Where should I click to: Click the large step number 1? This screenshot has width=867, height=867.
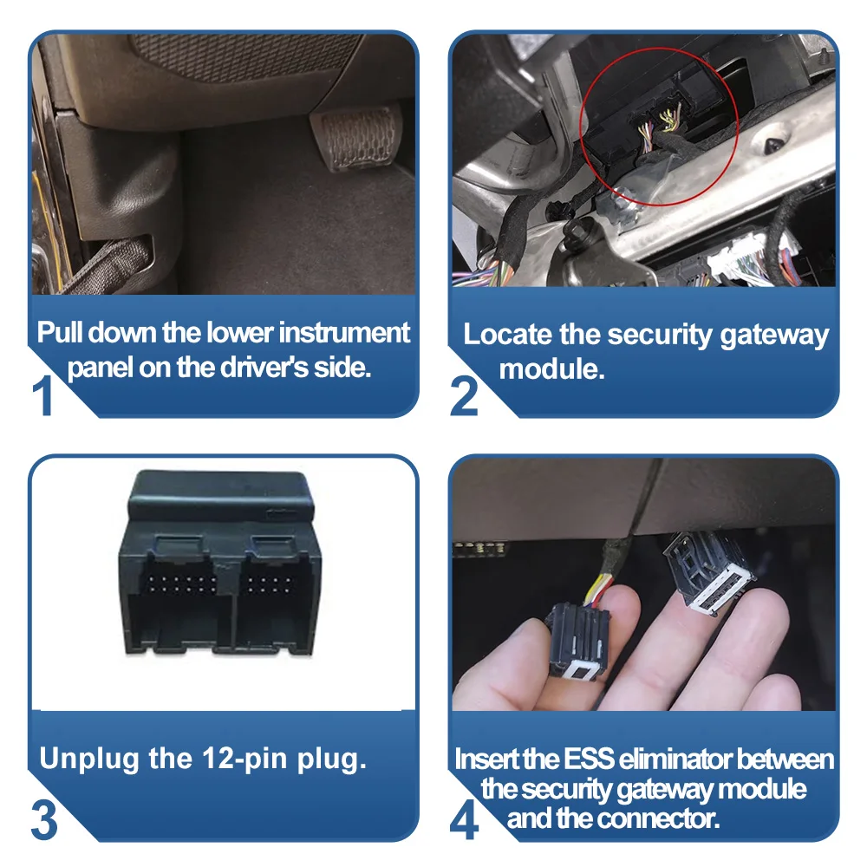[x=43, y=394]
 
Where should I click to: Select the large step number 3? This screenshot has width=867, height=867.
[x=44, y=819]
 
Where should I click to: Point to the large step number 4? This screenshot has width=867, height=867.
[x=465, y=819]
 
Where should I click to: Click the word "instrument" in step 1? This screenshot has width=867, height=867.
[x=344, y=333]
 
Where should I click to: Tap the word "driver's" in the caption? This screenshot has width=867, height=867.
[x=264, y=367]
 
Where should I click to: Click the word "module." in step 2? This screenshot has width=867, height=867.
[x=551, y=368]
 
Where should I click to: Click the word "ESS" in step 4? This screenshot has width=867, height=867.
[x=589, y=759]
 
